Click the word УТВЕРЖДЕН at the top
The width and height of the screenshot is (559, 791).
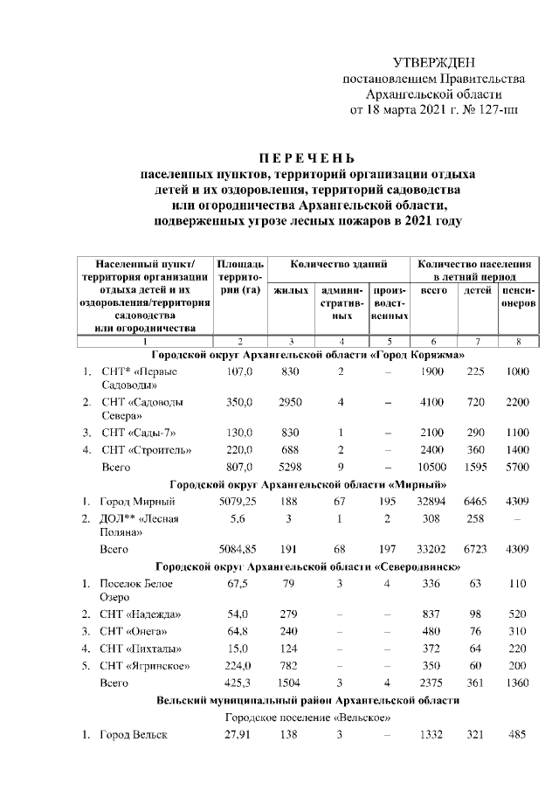(434, 62)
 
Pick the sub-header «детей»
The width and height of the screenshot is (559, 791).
(477, 290)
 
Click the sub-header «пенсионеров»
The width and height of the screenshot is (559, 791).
(518, 296)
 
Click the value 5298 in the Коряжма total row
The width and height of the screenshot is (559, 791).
(288, 468)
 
